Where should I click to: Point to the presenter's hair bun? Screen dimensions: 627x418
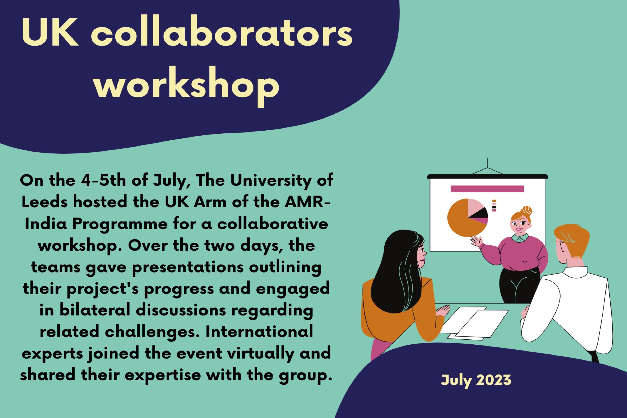coord(527,211)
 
